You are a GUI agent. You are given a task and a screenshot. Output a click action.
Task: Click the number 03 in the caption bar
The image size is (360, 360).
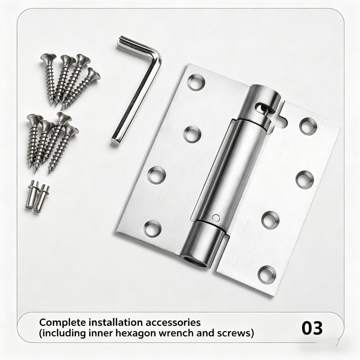[312, 328]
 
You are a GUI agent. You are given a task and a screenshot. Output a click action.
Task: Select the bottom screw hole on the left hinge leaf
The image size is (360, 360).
[152, 229]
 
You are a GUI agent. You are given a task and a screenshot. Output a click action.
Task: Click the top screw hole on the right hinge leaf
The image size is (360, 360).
[308, 126]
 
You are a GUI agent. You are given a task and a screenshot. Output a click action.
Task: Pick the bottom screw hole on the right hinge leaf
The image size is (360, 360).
[267, 275]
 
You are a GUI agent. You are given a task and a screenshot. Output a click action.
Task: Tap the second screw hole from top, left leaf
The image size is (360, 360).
[192, 134]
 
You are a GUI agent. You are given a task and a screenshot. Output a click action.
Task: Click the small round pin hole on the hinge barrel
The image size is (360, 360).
[216, 217]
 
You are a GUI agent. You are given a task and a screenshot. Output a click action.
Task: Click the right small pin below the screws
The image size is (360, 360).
[41, 198]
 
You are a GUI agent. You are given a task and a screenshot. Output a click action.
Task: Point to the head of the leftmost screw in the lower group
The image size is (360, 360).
[35, 118]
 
